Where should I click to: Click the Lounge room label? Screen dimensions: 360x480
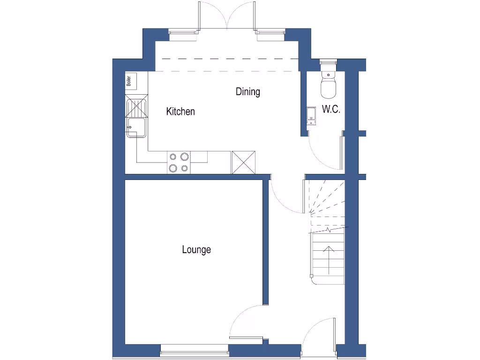196,250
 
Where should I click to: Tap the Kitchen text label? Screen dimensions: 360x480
180,112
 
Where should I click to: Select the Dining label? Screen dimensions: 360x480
247,92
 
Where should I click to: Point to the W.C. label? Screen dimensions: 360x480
331,110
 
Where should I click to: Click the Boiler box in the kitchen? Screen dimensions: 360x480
131,81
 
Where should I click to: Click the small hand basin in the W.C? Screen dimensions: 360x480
311,116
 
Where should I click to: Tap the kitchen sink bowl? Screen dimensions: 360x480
136,127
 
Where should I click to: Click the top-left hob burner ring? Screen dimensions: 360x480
173,157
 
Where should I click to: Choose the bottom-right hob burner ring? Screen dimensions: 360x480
185,168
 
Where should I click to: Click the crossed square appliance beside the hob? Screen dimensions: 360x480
243,162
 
